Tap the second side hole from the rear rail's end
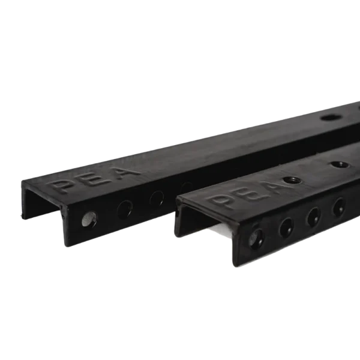click(x=125, y=209)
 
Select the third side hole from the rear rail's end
click(x=157, y=198)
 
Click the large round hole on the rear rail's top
click(x=331, y=118)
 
